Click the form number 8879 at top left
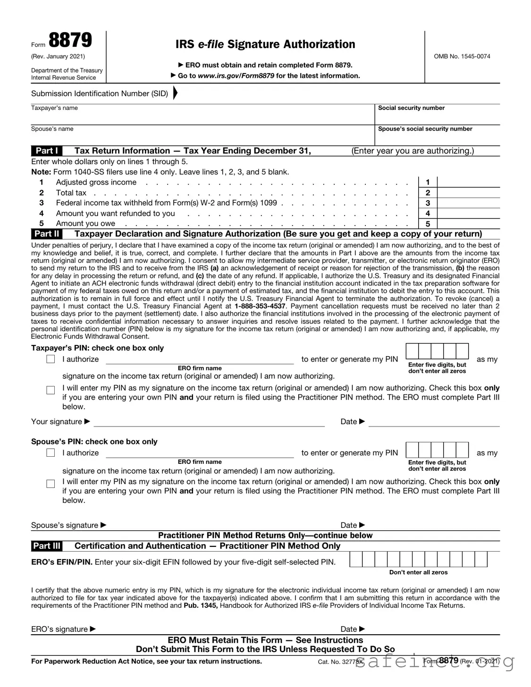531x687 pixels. (x=70, y=41)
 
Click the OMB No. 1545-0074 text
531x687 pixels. (x=462, y=56)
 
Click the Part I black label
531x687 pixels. (x=46, y=151)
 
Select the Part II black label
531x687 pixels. (x=47, y=234)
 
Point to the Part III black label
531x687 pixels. (x=47, y=546)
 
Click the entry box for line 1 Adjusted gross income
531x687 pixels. (x=468, y=182)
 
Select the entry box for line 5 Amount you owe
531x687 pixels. (x=468, y=224)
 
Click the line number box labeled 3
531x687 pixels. (x=428, y=203)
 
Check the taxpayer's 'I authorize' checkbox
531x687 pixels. (x=51, y=359)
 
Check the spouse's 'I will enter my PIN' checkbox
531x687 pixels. (x=51, y=484)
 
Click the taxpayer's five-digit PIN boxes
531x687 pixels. (x=437, y=352)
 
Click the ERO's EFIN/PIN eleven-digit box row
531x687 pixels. (x=418, y=560)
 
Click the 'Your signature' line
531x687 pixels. (x=209, y=422)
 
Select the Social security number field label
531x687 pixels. (x=411, y=108)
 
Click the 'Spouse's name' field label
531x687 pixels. (x=52, y=129)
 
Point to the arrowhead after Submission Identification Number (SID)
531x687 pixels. (x=175, y=93)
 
